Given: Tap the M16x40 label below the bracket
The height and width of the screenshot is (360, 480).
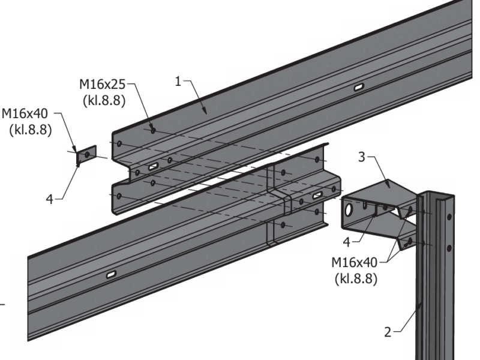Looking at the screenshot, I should pyautogui.click(x=355, y=263).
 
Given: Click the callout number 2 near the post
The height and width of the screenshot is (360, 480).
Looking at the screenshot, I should pyautogui.click(x=388, y=331).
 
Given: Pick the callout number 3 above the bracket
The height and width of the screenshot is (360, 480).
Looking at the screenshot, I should pyautogui.click(x=362, y=158).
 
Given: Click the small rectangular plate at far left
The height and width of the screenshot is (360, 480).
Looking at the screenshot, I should pyautogui.click(x=87, y=155).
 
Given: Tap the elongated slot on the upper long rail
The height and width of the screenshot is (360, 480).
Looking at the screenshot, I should pyautogui.click(x=358, y=88).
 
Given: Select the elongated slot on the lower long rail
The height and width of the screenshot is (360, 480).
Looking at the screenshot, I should pyautogui.click(x=112, y=275).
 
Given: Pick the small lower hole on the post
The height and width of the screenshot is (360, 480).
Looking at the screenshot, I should pyautogui.click(x=448, y=247).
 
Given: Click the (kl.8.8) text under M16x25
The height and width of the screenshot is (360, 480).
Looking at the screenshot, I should pyautogui.click(x=103, y=101).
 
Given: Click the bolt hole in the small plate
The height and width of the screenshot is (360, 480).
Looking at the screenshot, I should pyautogui.click(x=88, y=155).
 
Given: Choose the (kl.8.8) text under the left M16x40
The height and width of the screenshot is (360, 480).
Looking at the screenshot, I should pyautogui.click(x=31, y=129).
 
